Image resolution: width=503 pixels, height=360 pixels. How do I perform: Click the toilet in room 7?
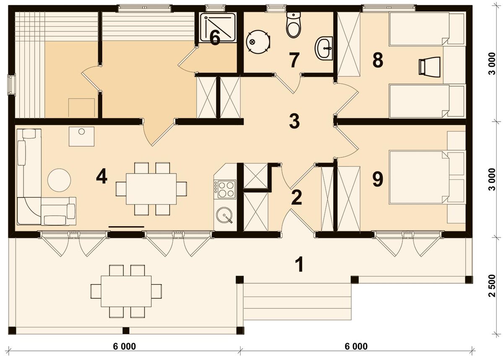(x=293, y=25)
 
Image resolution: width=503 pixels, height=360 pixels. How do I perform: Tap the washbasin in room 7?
(x=324, y=49)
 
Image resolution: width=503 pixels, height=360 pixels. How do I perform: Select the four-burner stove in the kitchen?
(x=225, y=189)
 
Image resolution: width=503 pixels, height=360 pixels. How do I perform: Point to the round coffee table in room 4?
(x=59, y=180)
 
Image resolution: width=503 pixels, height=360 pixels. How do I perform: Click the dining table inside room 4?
(x=151, y=189)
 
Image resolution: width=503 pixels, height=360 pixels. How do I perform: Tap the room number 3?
(x=294, y=121)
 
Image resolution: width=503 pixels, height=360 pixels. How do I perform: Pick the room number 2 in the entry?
(x=297, y=198)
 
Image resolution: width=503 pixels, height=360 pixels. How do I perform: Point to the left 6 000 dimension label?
(x=124, y=346)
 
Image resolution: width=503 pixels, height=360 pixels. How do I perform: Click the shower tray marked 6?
(x=218, y=27)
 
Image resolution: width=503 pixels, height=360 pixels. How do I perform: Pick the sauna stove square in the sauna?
(x=81, y=108)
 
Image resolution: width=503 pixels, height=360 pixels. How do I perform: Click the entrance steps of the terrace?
(x=297, y=301)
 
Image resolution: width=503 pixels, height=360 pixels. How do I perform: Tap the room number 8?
(x=378, y=60)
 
